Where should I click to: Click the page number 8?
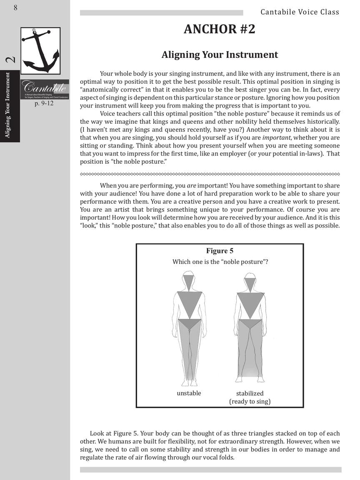[15, 7]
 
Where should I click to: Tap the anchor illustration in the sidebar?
[40, 50]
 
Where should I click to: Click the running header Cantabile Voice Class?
[300, 12]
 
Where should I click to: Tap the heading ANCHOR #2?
[219, 30]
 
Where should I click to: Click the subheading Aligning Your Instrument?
[220, 55]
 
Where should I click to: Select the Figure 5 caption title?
[220, 251]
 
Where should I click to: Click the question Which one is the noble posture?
[220, 262]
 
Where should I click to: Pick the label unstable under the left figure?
[189, 393]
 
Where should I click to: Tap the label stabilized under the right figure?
[250, 393]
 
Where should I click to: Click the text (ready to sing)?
[250, 401]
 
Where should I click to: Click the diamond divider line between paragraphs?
[210, 174]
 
